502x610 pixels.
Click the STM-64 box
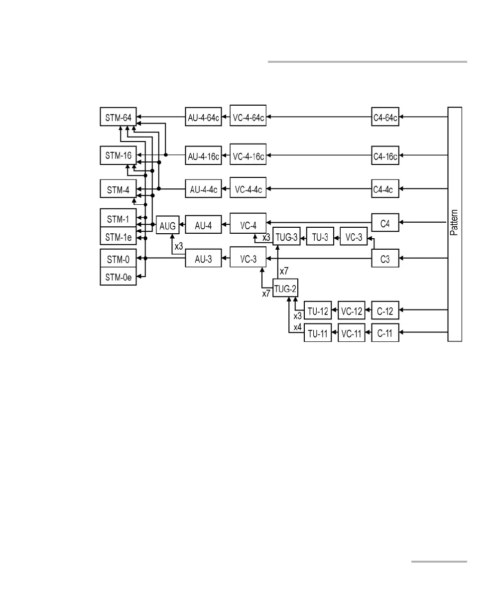tap(118, 118)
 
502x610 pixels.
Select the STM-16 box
tap(118, 155)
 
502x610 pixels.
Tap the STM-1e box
tap(118, 237)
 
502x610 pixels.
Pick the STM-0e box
tap(118, 277)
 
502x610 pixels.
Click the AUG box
tap(167, 226)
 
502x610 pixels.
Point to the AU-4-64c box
tap(203, 118)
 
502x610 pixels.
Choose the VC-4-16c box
tap(248, 155)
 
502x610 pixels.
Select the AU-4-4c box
tap(204, 190)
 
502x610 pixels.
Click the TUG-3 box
tap(286, 237)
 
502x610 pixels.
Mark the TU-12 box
tap(317, 311)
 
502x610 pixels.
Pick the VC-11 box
tap(351, 333)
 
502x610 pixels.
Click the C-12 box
tap(385, 311)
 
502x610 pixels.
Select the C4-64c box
tap(385, 118)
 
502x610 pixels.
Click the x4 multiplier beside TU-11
tap(297, 327)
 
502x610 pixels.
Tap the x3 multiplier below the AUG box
tap(178, 245)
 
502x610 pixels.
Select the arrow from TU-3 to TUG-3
tap(303, 237)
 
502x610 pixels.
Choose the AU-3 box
tap(204, 258)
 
